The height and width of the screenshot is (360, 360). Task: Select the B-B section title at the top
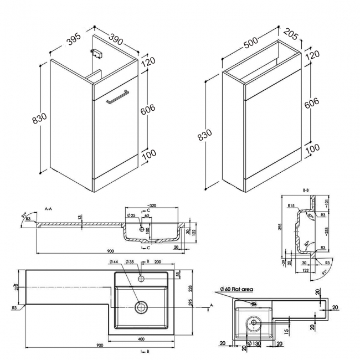tap(305, 190)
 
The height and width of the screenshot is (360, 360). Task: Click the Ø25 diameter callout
tap(131, 214)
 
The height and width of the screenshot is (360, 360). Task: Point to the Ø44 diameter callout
tap(109, 262)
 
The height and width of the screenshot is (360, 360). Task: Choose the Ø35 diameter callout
tap(131, 262)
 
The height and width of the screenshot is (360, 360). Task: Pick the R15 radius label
tap(291, 205)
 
